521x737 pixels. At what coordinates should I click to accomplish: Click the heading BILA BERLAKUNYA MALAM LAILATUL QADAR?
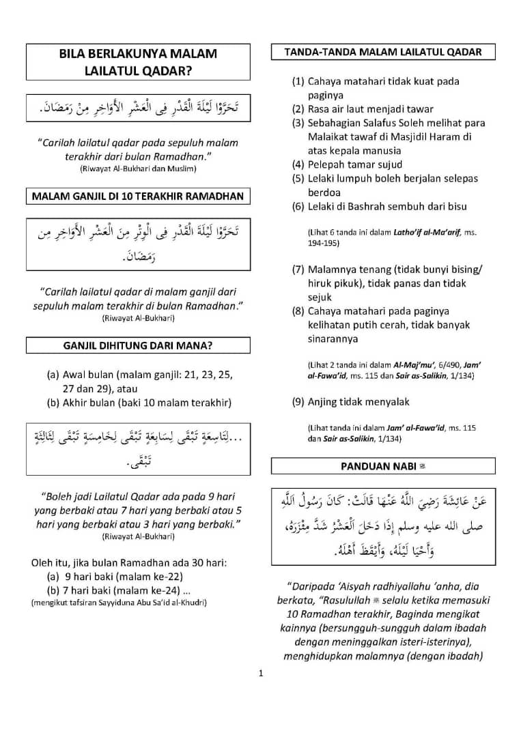point(137,61)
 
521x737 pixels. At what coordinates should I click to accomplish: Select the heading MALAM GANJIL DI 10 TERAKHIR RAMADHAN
point(137,197)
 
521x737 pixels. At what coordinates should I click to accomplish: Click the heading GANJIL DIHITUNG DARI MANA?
point(137,345)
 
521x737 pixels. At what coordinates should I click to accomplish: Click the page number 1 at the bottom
point(261,674)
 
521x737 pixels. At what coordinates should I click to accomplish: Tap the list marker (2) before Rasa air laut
point(298,109)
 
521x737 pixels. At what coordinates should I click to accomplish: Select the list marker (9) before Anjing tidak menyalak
point(298,402)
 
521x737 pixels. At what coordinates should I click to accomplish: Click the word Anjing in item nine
point(324,402)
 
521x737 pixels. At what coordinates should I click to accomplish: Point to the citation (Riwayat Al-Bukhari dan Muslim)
point(137,168)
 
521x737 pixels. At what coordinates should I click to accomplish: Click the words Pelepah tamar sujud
point(355,164)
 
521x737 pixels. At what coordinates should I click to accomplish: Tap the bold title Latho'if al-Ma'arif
point(423,233)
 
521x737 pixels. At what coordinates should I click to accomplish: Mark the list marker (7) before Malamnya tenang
point(298,270)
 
